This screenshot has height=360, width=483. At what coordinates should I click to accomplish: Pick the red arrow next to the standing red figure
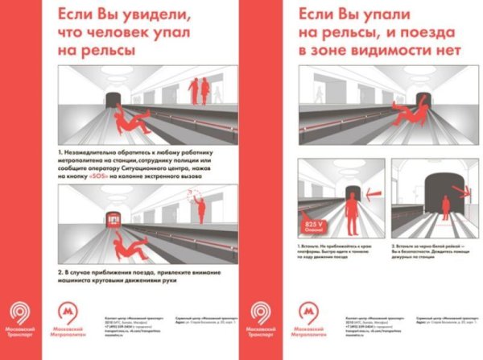pyautogui.click(x=372, y=193)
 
